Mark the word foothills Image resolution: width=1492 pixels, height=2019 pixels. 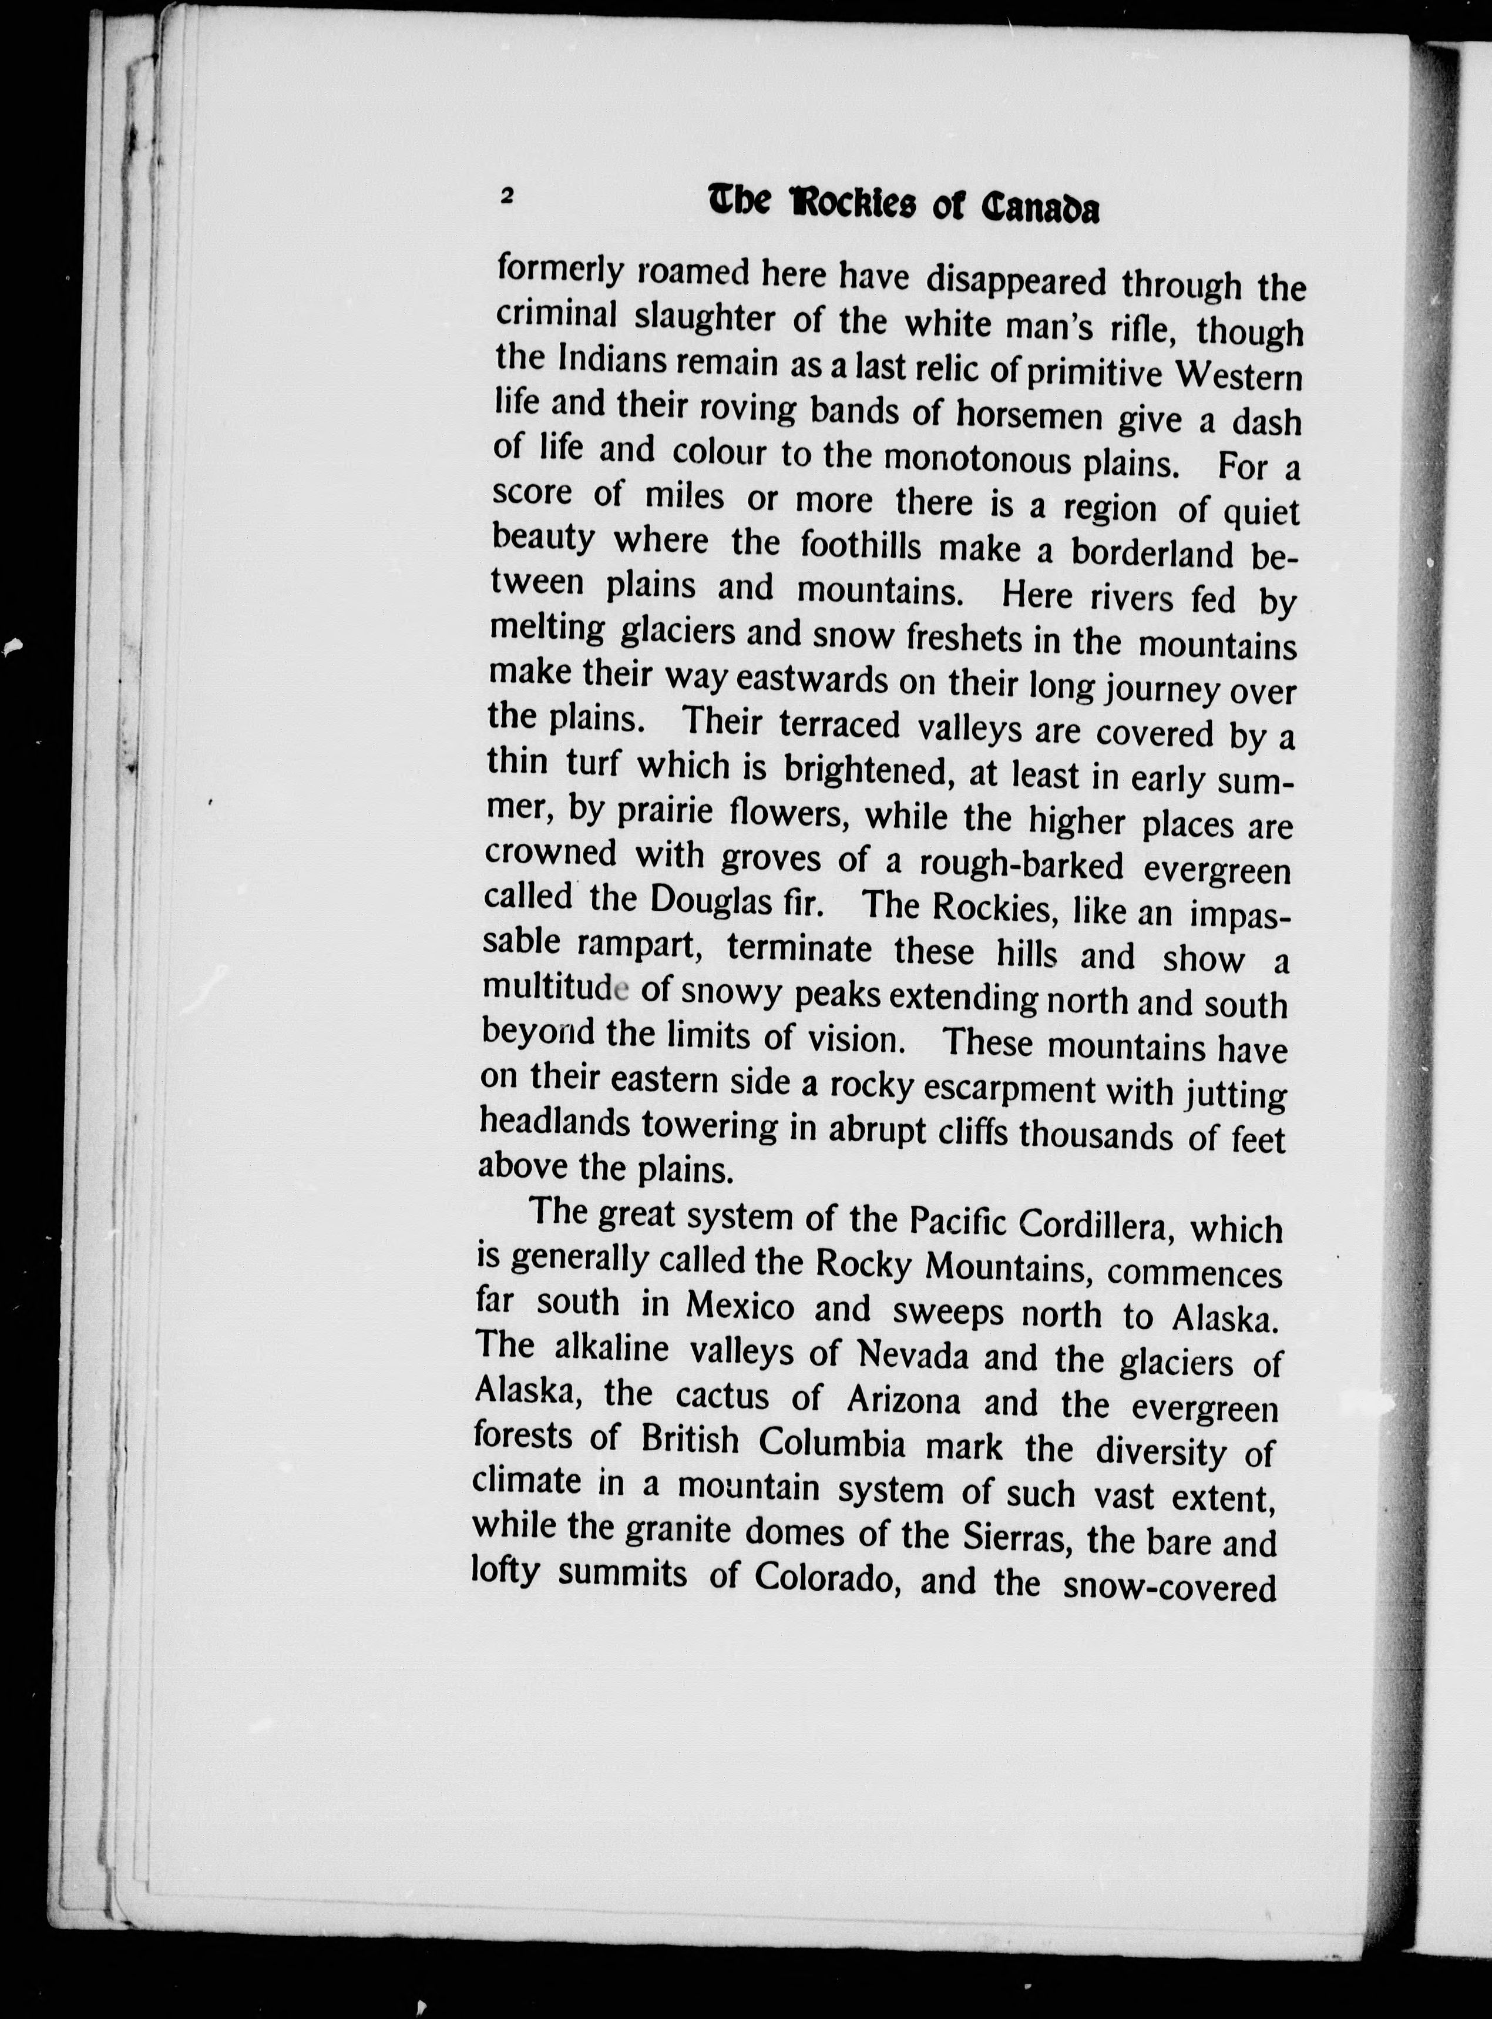860,546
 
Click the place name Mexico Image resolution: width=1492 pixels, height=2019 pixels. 740,1306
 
